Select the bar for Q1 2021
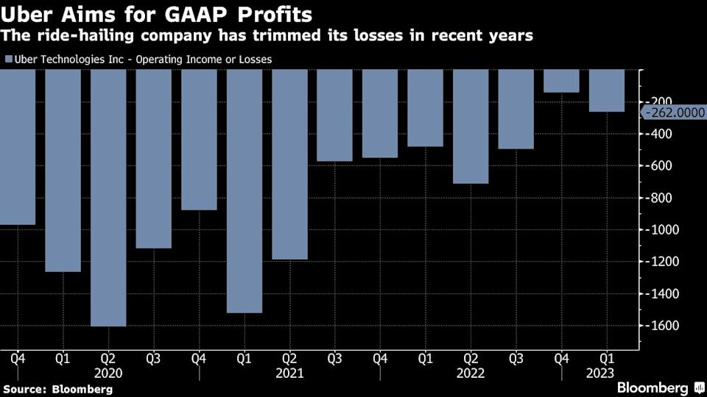pos(245,190)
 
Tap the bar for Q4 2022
pos(561,81)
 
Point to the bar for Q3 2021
pos(334,115)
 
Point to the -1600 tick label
pos(662,325)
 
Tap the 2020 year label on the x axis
pos(108,373)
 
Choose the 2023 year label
pos(607,373)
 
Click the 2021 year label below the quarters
pos(289,373)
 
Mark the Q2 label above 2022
pos(471,360)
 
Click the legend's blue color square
pos(8,59)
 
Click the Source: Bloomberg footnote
pos(57,389)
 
